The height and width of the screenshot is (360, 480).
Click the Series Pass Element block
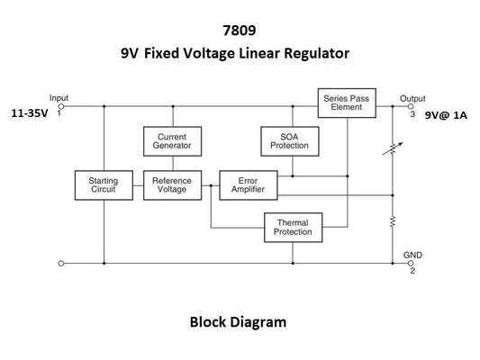coord(347,102)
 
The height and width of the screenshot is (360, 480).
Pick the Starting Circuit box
coord(104,184)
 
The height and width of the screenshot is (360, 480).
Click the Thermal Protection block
coord(292,227)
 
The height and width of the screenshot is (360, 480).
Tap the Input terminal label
coord(59,97)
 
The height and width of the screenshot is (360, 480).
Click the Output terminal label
coord(412,97)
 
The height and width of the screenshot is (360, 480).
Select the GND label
coord(412,256)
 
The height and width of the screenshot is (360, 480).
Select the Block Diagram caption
coord(238,319)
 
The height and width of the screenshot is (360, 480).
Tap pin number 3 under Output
coord(412,114)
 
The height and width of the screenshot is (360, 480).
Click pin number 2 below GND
coord(412,271)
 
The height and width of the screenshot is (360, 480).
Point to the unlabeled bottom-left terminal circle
coord(60,264)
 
